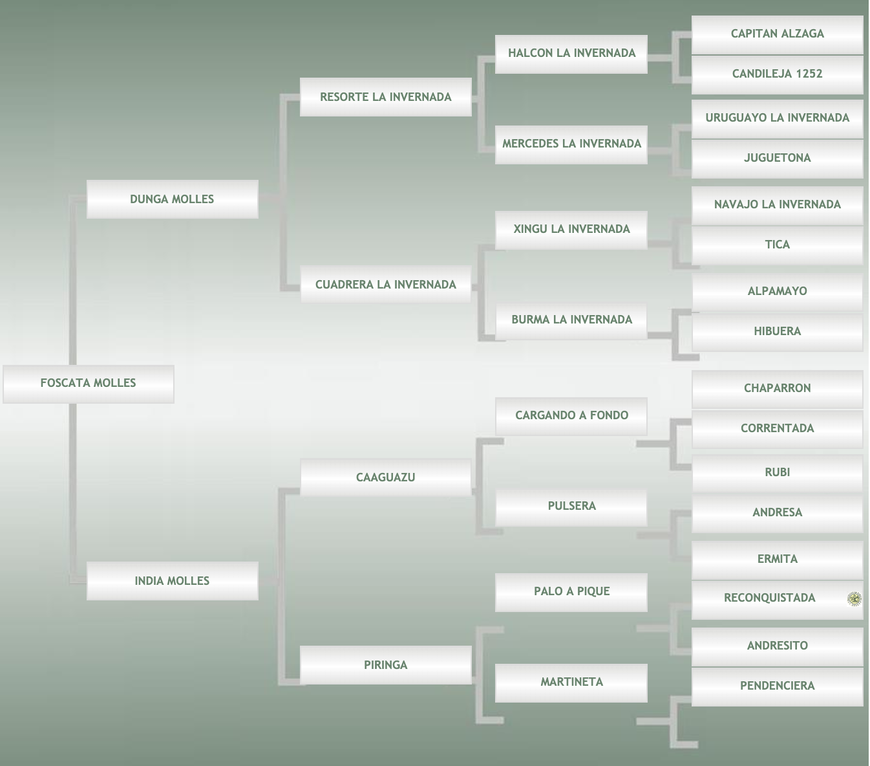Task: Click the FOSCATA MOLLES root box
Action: pos(89,383)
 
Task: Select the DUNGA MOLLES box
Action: pos(172,199)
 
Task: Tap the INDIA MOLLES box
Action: pos(172,581)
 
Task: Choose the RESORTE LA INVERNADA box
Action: pos(386,97)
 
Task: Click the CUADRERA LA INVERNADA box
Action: pos(386,285)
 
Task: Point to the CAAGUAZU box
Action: pos(386,477)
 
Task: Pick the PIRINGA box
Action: pos(386,665)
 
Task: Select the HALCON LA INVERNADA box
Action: pos(571,53)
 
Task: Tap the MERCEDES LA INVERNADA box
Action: pos(571,144)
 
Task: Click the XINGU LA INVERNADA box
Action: pos(571,229)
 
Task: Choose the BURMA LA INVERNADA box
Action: pos(571,320)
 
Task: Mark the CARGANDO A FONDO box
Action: pos(571,415)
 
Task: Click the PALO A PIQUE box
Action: pos(571,591)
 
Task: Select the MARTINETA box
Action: pos(571,682)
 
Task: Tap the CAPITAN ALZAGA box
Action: pos(777,34)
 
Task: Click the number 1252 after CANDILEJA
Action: pos(809,74)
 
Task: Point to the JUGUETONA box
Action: pos(777,158)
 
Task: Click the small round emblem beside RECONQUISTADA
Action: pos(854,599)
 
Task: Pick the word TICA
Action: pos(777,245)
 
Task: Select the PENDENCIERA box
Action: pos(777,686)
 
